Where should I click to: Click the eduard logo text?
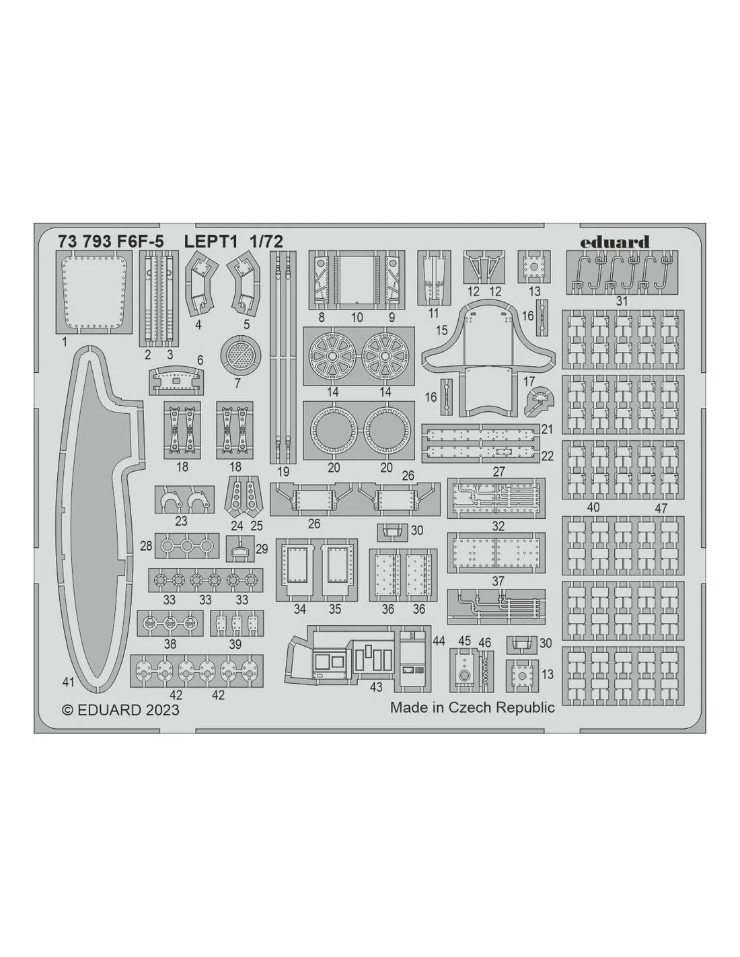(614, 242)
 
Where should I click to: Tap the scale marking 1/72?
(267, 242)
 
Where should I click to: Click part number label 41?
(68, 682)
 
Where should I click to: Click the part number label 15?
(441, 330)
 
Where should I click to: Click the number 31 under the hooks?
(622, 301)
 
